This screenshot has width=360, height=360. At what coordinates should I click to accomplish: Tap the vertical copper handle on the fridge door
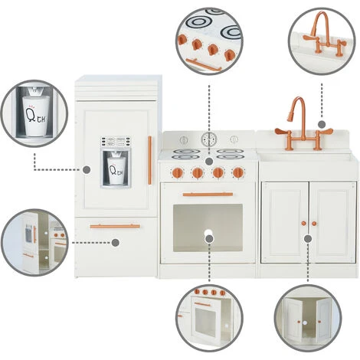coord(150,160)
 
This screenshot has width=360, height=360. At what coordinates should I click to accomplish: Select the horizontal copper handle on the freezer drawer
coord(114,226)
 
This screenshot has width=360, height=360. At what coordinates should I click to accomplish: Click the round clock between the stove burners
coord(208,139)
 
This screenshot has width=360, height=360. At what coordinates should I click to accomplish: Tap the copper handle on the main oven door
coord(208,195)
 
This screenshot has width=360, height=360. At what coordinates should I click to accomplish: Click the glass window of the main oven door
coord(208,227)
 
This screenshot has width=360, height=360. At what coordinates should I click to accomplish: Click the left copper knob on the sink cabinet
coord(303,224)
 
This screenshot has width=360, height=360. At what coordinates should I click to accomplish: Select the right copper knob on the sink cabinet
coord(314,224)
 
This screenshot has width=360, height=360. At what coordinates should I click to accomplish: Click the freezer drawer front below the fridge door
coord(114,244)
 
